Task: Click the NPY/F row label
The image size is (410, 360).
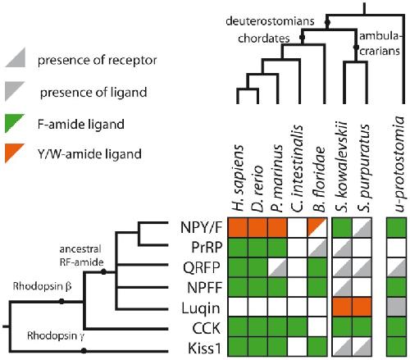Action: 201,227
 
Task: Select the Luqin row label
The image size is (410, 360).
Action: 201,308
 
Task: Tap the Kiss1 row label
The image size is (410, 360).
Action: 204,349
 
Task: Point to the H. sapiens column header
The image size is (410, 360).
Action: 237,178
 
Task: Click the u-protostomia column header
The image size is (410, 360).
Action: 399,164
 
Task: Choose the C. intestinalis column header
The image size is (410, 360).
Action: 298,168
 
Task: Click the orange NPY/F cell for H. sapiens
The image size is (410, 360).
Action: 238,227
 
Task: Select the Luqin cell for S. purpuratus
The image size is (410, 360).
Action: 362,307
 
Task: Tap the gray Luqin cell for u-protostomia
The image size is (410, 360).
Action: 397,307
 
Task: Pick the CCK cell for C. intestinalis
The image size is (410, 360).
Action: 298,327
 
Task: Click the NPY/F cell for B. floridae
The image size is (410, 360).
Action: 317,227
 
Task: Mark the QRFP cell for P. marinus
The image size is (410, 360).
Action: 278,267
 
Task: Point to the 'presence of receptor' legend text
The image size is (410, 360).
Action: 98,61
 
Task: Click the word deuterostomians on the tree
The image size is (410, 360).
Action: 270,21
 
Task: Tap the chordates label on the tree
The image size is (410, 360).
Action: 264,39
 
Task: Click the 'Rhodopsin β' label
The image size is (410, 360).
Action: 43,286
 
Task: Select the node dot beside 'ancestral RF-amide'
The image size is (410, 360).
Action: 103,271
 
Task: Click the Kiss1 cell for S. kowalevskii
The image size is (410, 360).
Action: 342,347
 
